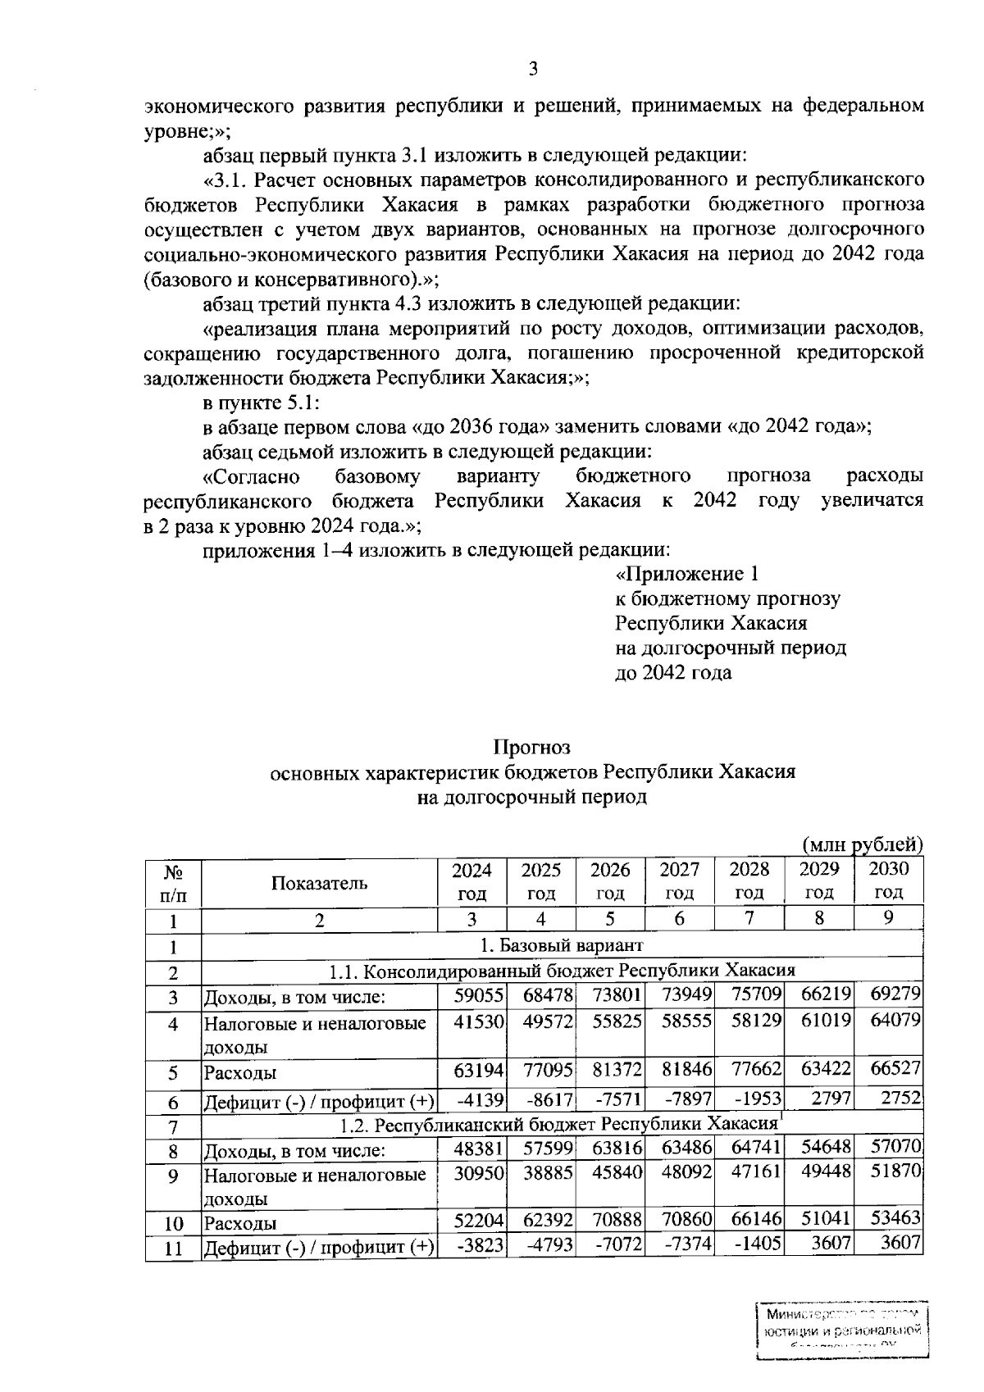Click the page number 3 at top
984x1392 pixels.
[x=532, y=70]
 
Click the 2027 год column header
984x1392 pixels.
[x=680, y=881]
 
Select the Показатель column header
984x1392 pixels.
[x=319, y=883]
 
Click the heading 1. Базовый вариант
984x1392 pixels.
[x=562, y=946]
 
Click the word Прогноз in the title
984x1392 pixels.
[x=531, y=747]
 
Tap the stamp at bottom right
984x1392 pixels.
[x=840, y=1330]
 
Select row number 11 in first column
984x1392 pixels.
[x=173, y=1249]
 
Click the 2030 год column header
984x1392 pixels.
[x=889, y=881]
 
